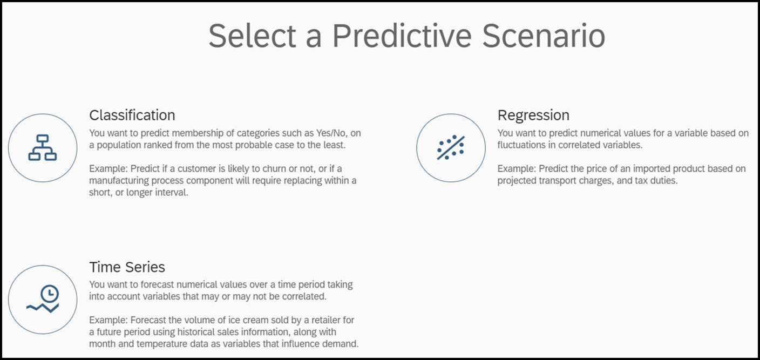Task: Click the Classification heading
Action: pyautogui.click(x=132, y=116)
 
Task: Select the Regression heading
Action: pyautogui.click(x=533, y=116)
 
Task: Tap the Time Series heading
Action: pyautogui.click(x=127, y=267)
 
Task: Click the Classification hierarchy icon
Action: pyautogui.click(x=43, y=147)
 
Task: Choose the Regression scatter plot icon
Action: pyautogui.click(x=451, y=147)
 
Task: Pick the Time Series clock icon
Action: pyautogui.click(x=43, y=299)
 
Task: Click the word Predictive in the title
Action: pyautogui.click(x=402, y=36)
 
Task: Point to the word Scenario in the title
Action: pyautogui.click(x=544, y=36)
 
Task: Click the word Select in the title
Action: pyautogui.click(x=253, y=36)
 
